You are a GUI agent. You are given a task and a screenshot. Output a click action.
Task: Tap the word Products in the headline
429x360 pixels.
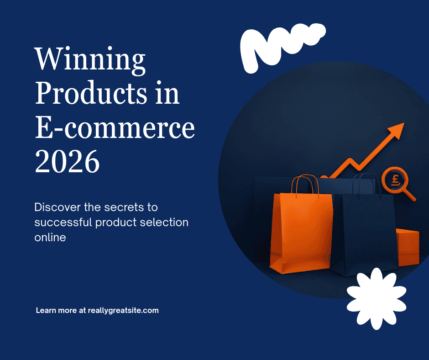pos(91,93)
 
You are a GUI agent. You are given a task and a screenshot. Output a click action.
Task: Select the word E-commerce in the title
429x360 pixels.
pos(115,127)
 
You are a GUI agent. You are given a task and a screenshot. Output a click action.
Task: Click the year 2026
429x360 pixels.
pos(67,161)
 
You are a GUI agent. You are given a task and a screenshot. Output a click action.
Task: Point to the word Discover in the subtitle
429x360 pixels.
pos(58,207)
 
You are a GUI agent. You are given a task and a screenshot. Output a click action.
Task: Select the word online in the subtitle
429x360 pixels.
pos(50,237)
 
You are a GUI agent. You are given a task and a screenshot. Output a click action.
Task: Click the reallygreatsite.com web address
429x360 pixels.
pos(123,310)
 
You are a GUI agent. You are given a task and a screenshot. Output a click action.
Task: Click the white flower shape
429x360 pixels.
pos(377,299)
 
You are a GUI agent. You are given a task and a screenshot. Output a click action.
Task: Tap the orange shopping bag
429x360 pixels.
pos(301,233)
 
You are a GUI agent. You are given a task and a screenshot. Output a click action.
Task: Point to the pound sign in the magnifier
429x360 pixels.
pos(395,180)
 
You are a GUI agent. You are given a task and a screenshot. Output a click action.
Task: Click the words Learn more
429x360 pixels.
pos(56,310)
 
